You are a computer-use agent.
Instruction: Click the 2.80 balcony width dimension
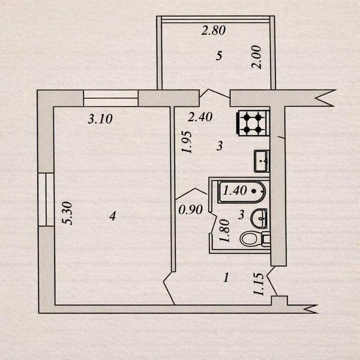[x=213, y=32]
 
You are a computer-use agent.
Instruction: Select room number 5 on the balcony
[x=219, y=56]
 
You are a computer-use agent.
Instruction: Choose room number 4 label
[x=112, y=216]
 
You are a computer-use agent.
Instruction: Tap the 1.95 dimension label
[x=187, y=143]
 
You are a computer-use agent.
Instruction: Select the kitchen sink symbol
[x=262, y=160]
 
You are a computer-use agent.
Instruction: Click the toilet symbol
[x=254, y=239]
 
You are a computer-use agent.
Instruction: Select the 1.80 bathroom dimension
[x=224, y=229]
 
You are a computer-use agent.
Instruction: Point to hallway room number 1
[x=226, y=278]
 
